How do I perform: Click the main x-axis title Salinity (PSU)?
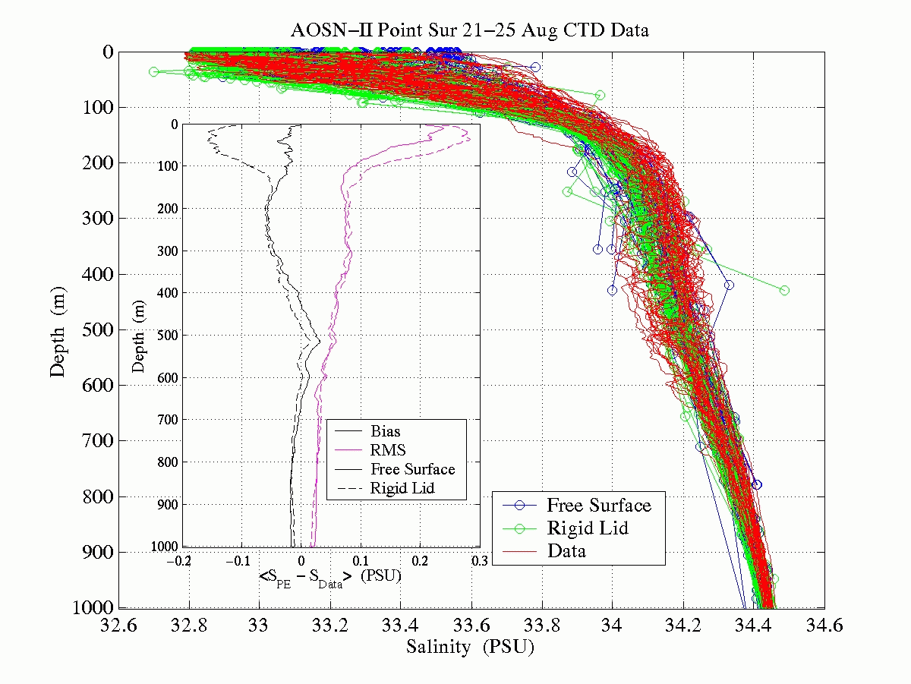(x=470, y=648)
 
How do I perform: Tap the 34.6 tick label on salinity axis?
(x=824, y=626)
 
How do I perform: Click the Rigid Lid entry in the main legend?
(x=587, y=528)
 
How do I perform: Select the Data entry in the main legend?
(x=566, y=550)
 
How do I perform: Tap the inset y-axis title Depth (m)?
(x=138, y=335)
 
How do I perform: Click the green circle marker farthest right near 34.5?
(x=784, y=290)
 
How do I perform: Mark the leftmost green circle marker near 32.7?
(x=153, y=71)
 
